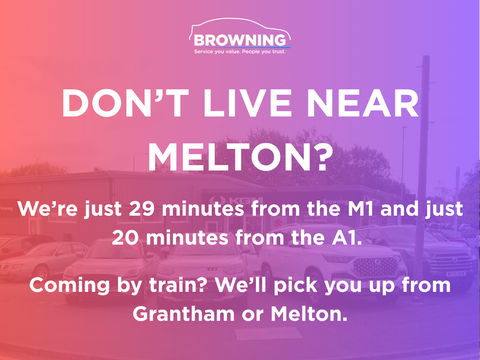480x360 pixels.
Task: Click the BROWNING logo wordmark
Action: (x=240, y=40)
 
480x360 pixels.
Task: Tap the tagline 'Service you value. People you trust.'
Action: (x=240, y=52)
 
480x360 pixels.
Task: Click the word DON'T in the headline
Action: (x=125, y=103)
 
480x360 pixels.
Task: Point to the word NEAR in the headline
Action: (x=363, y=103)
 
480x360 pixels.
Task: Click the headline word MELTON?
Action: (x=240, y=157)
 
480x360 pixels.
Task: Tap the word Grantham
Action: (x=184, y=314)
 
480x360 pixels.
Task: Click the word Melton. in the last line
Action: (x=309, y=314)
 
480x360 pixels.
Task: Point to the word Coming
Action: (x=69, y=286)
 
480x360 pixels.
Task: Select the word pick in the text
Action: (x=296, y=286)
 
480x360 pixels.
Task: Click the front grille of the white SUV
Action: (x=375, y=266)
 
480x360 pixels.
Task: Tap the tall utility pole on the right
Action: (x=424, y=167)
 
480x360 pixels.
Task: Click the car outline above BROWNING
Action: (x=240, y=25)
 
